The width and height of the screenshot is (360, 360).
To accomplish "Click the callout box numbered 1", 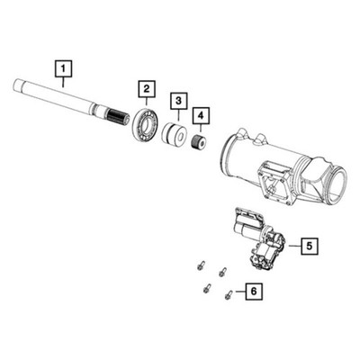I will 62,66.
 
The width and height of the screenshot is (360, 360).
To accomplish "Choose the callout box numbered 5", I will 306,244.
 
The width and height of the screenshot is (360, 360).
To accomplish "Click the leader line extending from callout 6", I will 239,292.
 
